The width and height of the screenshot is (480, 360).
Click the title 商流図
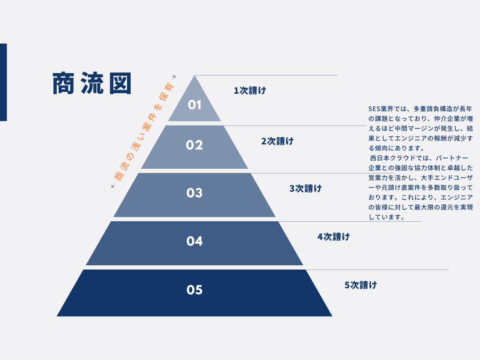pos(92,83)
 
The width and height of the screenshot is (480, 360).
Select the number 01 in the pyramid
pos(195,105)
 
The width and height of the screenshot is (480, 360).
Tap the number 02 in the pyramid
pos(195,145)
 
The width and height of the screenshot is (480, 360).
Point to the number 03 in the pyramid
pos(195,193)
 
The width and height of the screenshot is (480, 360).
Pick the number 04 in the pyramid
pos(195,241)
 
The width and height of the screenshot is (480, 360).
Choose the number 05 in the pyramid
pos(195,290)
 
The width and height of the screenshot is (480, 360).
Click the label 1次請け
pos(250,90)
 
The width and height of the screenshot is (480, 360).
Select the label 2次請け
pos(277,141)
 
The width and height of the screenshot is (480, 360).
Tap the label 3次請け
pos(306,188)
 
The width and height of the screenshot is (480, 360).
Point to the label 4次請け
pos(333,237)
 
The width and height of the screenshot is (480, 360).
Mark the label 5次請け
pos(360,285)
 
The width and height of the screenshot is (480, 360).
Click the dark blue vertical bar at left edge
pos(3,82)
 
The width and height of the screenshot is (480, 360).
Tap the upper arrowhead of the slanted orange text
pos(174,76)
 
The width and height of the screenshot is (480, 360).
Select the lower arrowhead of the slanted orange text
pos(112,186)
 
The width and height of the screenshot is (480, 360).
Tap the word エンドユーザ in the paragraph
pos(450,178)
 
